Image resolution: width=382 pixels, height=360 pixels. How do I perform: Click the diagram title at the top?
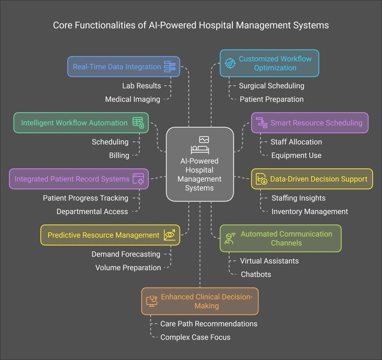191,25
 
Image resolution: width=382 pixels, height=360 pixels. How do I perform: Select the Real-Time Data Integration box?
123,67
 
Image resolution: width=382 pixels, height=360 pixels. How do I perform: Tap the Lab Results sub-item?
141,86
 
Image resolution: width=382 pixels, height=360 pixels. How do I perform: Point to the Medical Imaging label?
132,99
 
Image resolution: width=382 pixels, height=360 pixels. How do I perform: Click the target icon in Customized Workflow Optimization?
230,64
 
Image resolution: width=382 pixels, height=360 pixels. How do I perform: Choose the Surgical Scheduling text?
271,86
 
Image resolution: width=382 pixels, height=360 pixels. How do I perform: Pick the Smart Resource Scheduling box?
310,123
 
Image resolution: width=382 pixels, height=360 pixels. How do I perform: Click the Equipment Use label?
296,155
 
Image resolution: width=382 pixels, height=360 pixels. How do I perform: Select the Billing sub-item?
119,155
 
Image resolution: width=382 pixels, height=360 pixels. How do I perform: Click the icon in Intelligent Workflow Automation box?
138,123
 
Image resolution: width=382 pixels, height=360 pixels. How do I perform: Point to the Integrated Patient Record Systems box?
79,179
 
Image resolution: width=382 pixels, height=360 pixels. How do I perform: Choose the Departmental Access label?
92,211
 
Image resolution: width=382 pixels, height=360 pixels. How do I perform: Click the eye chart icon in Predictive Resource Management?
170,235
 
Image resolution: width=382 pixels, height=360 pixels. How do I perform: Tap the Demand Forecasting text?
126,254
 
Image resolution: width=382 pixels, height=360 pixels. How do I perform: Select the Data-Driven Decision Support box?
312,179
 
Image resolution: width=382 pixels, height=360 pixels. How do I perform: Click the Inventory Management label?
310,211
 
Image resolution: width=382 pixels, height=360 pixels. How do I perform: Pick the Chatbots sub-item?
255,274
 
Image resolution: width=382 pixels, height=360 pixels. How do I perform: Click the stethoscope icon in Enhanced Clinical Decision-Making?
152,301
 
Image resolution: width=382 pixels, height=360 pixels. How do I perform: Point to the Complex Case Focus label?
195,337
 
